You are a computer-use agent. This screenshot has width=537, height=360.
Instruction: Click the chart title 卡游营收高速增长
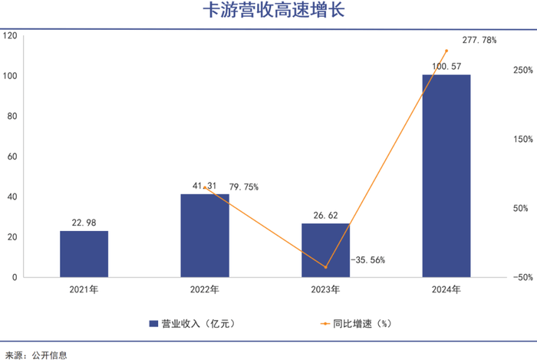tap(268, 12)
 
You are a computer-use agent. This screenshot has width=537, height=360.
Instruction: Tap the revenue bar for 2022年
tap(204, 235)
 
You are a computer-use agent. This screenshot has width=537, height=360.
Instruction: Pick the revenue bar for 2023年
tap(325, 249)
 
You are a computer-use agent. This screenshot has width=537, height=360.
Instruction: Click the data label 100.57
tap(446, 67)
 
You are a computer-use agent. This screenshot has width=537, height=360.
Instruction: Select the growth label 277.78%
tap(479, 40)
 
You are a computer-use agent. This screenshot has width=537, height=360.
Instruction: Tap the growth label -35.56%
tap(367, 260)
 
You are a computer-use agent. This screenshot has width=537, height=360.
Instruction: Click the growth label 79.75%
tap(244, 187)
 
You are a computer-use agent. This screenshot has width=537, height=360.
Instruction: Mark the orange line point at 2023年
tap(325, 267)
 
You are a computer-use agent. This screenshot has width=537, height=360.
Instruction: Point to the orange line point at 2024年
tap(446, 51)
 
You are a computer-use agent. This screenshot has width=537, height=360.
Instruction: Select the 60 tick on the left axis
tap(12, 157)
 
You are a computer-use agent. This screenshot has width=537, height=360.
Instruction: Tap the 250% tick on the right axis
tap(522, 71)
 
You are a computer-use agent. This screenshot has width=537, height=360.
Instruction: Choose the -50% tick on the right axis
tap(522, 277)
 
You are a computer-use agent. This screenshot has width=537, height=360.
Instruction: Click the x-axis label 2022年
tap(204, 290)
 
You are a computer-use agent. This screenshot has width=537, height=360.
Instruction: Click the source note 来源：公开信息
tap(36, 355)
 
